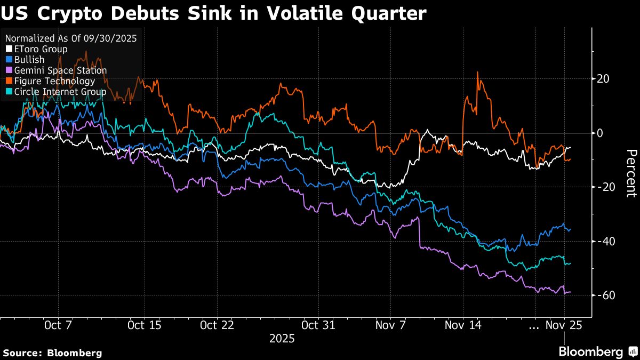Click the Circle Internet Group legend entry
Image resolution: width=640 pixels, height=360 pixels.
pos(56,92)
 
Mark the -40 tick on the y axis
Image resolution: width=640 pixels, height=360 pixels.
pos(605,241)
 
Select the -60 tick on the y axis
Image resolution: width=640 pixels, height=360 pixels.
pos(605,295)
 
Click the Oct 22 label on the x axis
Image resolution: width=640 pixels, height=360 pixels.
pos(217,325)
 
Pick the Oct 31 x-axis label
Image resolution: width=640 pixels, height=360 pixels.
pos(318,325)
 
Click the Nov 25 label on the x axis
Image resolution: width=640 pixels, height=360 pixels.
pos(563,325)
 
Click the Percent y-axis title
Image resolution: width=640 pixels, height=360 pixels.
pos(631,173)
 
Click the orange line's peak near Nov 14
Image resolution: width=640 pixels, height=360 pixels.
pos(477,72)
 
